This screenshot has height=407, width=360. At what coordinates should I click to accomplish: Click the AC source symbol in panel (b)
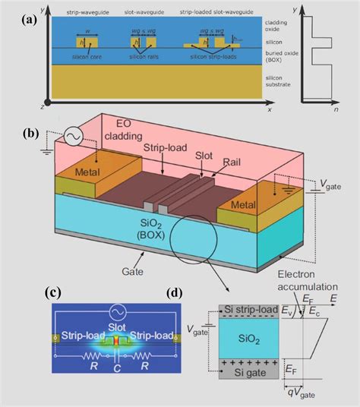pyautogui.click(x=74, y=137)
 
